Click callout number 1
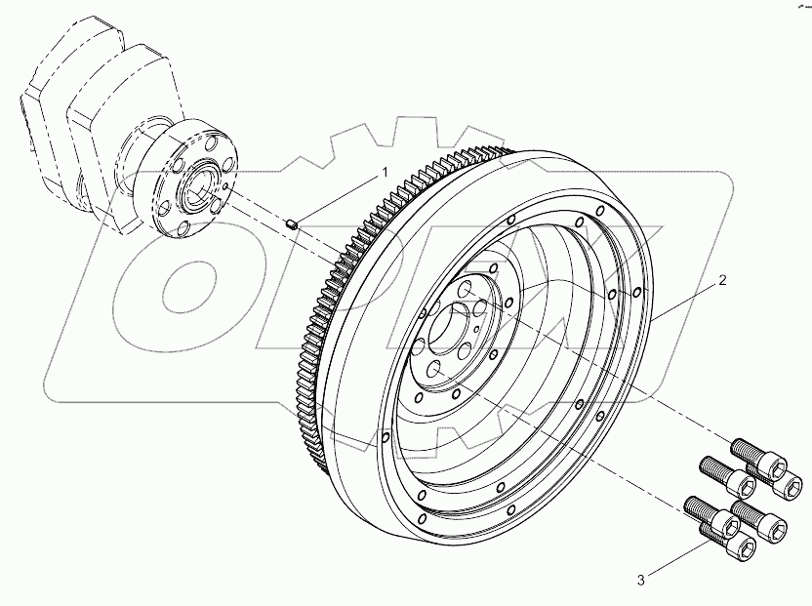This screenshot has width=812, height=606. click(385, 172)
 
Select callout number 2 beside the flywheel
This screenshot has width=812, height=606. click(721, 281)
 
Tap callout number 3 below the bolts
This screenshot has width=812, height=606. click(641, 581)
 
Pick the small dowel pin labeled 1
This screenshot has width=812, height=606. click(291, 225)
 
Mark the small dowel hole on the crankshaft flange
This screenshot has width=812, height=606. click(224, 184)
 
